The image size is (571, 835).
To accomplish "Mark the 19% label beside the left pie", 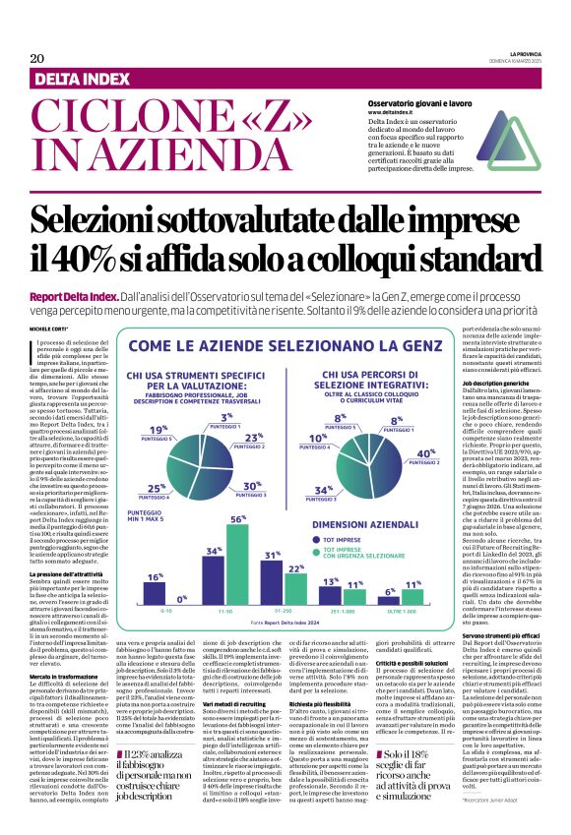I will (x=156, y=430).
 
